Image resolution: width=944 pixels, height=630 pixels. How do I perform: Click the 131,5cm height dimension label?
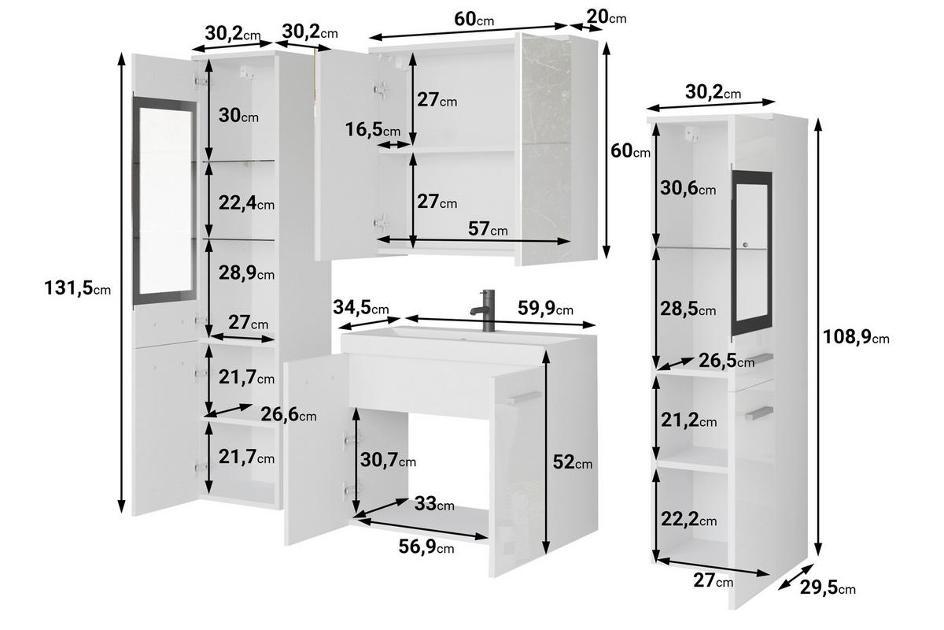[77, 288]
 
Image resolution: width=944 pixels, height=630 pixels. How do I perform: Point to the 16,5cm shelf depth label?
[374, 130]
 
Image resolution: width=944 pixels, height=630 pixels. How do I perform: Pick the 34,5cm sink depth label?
[361, 306]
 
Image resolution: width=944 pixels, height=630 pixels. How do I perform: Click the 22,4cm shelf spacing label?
[246, 204]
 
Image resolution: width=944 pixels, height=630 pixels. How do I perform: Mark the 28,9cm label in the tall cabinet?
[246, 274]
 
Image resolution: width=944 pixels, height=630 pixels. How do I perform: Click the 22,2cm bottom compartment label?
[688, 520]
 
